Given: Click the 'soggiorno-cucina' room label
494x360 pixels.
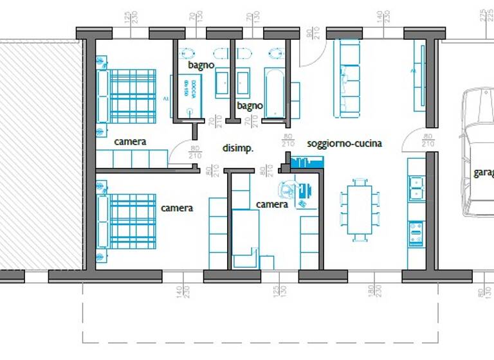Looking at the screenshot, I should coord(345,143).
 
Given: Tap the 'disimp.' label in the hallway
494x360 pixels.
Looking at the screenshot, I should coord(238,148).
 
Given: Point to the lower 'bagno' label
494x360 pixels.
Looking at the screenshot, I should coord(250,105).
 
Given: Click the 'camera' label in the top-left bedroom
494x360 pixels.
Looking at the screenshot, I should coord(131,141).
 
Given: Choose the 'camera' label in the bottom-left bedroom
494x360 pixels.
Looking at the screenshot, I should coord(177,208).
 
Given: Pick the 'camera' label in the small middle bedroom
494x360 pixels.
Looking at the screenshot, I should coord(271,204).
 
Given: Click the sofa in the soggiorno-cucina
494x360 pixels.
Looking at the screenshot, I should coord(349,78).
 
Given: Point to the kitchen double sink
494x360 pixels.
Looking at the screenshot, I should coord(416,185).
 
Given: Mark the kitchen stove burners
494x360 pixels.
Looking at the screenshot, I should coord(416,233).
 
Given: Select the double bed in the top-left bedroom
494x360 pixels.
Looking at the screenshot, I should coord(127,96).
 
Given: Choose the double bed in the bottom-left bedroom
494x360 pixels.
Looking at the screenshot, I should coord(127,221).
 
